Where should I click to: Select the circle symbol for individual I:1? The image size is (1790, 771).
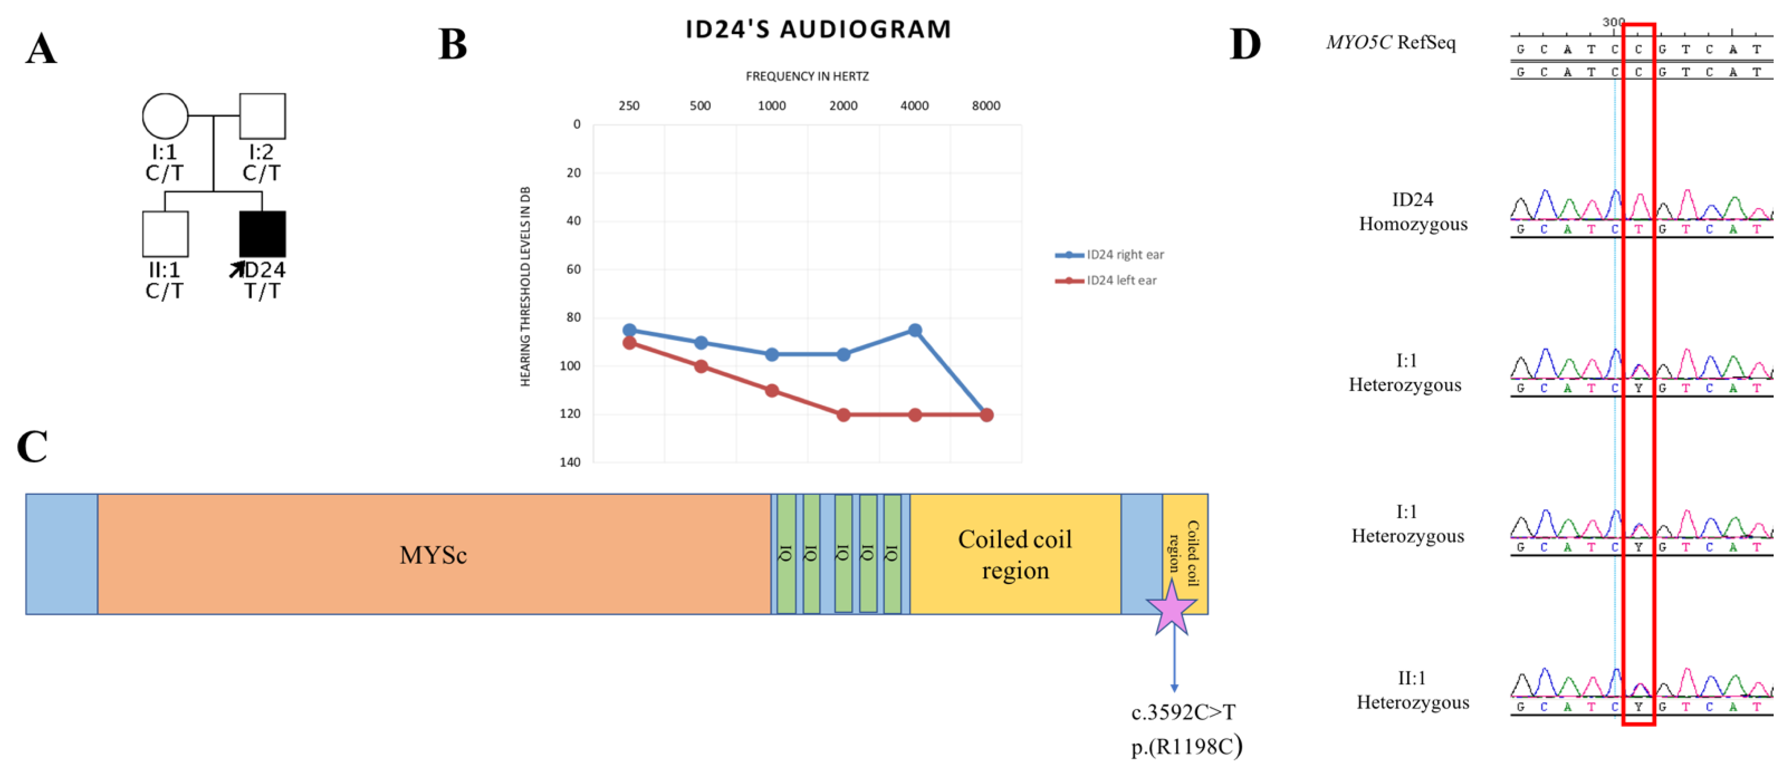pos(165,116)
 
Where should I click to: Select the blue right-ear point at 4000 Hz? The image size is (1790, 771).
pos(915,330)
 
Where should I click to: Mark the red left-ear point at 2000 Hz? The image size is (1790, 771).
pos(843,415)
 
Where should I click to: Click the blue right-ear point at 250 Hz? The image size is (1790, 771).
pos(629,330)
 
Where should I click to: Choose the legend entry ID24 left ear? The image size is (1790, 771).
pos(1121,281)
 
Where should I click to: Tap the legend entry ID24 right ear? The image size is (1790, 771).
pos(1124,255)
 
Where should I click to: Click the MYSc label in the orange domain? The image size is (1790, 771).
pos(432,555)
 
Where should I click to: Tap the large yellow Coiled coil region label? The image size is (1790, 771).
pos(1014,554)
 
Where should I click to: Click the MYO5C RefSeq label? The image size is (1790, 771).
pos(1390,43)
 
